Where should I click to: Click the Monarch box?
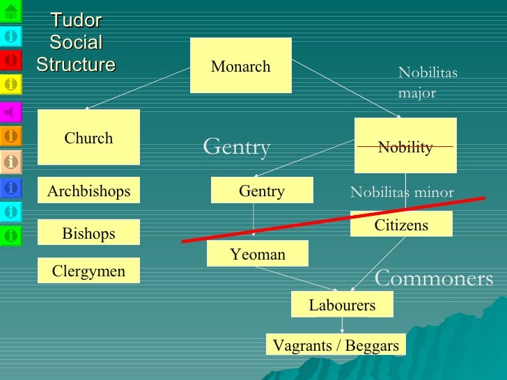240,66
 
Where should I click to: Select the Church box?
88,137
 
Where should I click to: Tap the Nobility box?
405,145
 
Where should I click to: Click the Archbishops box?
88,190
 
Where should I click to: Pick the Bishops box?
88,232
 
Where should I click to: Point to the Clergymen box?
88,271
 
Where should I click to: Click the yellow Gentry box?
262,190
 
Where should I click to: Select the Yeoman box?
258,254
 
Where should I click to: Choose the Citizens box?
401,224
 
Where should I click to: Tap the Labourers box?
342,304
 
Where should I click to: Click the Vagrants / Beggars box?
336,345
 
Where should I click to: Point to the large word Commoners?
434,279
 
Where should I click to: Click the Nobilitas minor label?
402,193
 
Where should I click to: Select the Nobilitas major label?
428,83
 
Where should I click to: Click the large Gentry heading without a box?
236,148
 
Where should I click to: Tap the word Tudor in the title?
76,20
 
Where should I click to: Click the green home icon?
11,10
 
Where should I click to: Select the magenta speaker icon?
11,111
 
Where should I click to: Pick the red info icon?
11,61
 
